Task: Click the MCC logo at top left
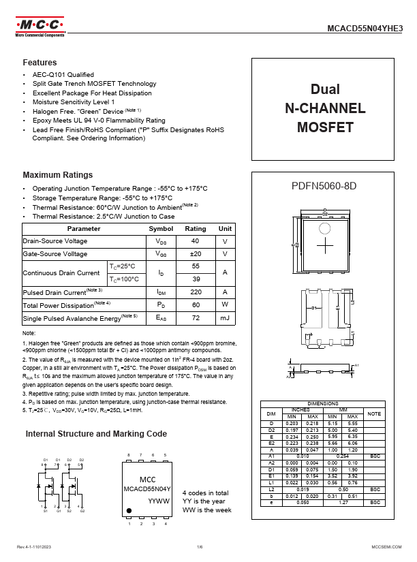[x=40, y=26]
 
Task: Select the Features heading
[x=40, y=62]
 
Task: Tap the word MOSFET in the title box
[x=325, y=127]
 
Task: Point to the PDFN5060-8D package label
[x=324, y=186]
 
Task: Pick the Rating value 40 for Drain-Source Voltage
[x=196, y=241]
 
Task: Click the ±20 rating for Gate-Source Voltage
[x=196, y=253]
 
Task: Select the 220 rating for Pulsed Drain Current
[x=196, y=292]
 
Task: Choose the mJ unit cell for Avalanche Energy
[x=225, y=317]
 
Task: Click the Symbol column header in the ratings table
[x=161, y=229]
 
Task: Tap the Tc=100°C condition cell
[x=124, y=279]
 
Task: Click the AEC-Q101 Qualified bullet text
[x=63, y=74]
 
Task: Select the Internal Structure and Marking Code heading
[x=96, y=433]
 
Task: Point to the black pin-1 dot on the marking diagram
[x=129, y=510]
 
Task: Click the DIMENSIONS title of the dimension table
[x=324, y=403]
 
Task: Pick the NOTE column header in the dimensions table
[x=375, y=413]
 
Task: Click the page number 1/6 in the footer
[x=200, y=547]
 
